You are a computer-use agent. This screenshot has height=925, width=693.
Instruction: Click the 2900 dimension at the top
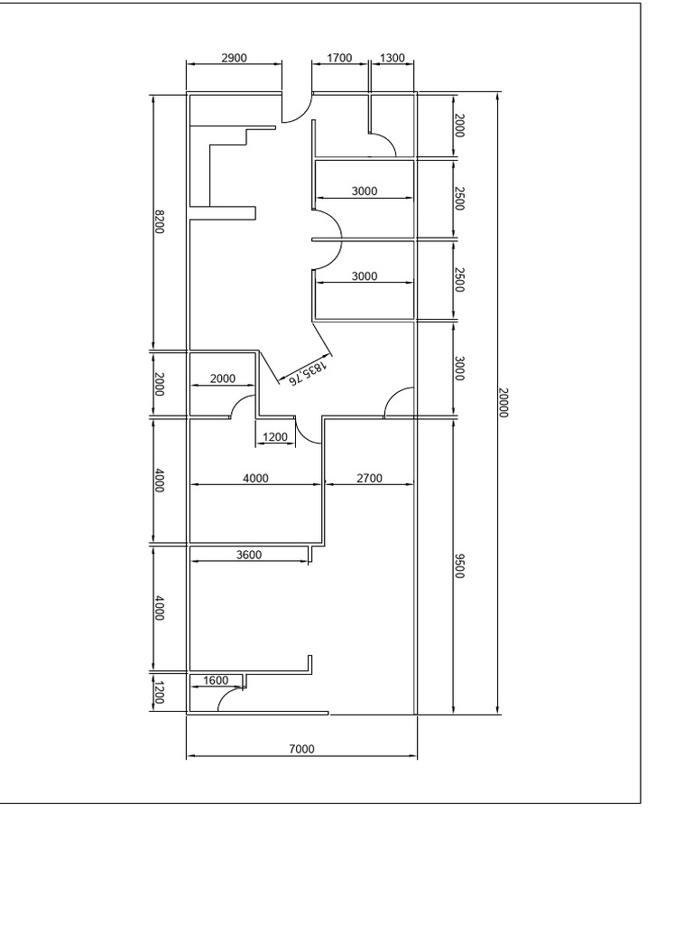coord(235,58)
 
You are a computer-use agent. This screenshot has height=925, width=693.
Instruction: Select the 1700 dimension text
coord(339,58)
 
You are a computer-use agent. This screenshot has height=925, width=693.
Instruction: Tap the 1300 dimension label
coord(393,58)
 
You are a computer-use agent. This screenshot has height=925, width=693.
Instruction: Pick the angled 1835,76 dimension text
coord(306,374)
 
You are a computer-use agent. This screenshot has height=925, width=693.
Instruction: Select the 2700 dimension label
coord(369,479)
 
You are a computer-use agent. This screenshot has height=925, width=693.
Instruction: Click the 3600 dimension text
coord(249,555)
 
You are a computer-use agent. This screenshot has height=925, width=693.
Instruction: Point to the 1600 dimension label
coord(217,680)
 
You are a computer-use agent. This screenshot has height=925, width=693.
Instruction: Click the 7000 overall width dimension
coord(301,748)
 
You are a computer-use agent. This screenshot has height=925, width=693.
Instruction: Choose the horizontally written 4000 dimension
coord(256,479)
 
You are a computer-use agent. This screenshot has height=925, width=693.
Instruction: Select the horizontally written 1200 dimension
coord(274,438)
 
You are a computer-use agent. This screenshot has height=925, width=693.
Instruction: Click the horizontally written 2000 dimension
coord(223,378)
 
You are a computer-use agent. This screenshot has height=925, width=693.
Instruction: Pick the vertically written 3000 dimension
coord(459,369)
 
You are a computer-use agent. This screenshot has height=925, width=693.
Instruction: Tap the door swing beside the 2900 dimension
coord(296,108)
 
